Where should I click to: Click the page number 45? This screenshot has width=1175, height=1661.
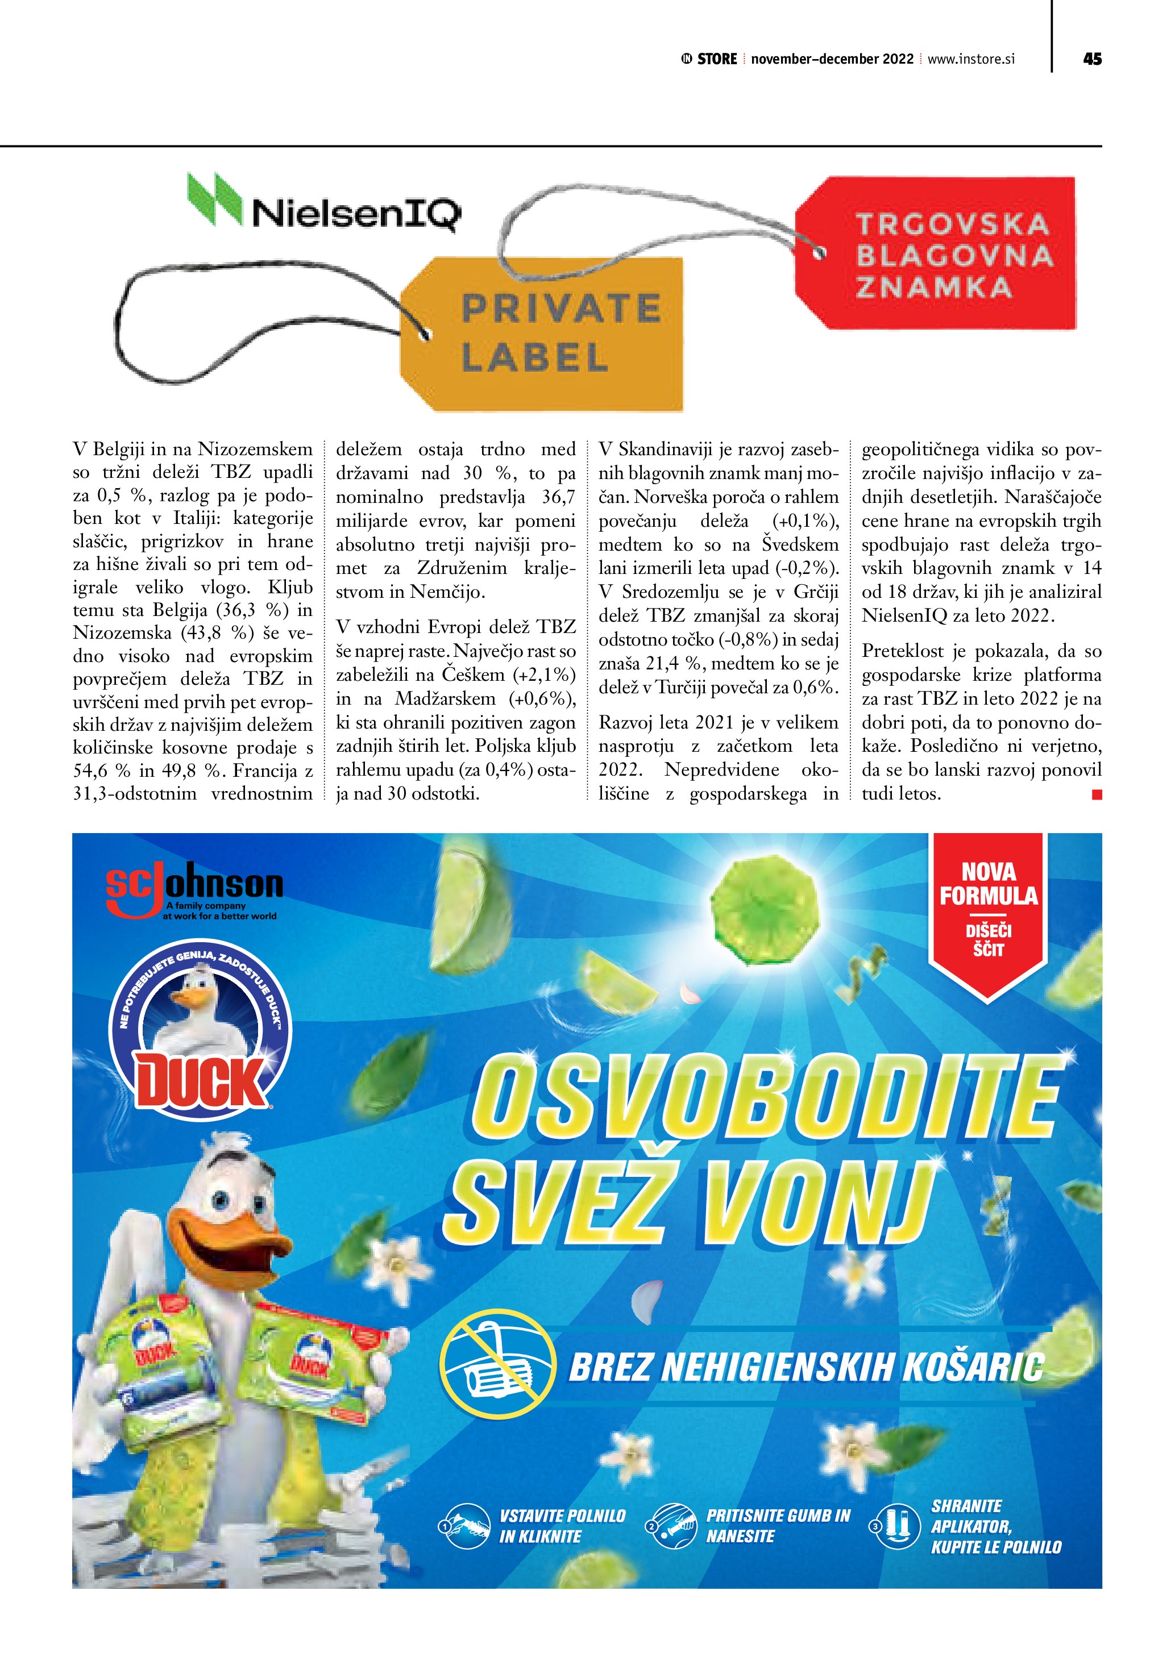1092,59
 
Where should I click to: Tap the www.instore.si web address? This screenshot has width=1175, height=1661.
971,59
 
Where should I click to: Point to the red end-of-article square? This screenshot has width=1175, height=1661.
1096,794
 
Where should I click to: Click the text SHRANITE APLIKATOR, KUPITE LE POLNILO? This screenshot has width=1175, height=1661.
995,1526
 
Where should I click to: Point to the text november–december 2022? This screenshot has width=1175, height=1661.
832,59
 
